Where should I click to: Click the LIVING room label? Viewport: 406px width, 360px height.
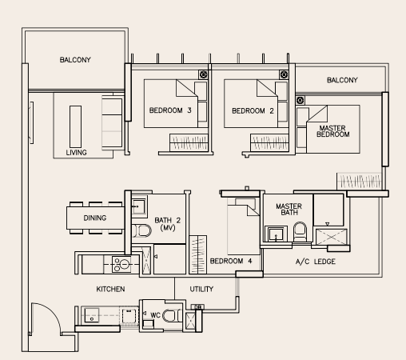pyautogui.click(x=76, y=153)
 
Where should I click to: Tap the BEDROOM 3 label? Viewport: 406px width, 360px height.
pyautogui.click(x=170, y=110)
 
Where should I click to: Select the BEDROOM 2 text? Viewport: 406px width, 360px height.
pyautogui.click(x=253, y=111)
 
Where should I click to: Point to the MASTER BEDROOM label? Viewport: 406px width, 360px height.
pyautogui.click(x=332, y=131)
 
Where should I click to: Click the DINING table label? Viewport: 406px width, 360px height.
pyautogui.click(x=95, y=218)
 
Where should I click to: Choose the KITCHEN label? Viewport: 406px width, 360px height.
pyautogui.click(x=110, y=289)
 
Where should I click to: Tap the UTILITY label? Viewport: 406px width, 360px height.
pyautogui.click(x=201, y=289)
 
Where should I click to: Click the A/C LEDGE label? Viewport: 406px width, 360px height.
pyautogui.click(x=316, y=262)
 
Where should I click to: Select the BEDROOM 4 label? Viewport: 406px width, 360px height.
pyautogui.click(x=231, y=261)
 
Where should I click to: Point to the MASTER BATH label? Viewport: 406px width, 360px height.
pyautogui.click(x=289, y=210)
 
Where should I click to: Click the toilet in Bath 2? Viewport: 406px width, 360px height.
pyautogui.click(x=141, y=230)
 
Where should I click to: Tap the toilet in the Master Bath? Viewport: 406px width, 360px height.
pyautogui.click(x=300, y=232)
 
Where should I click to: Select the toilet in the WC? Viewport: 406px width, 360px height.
pyautogui.click(x=172, y=316)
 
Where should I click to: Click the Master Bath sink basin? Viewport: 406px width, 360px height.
pyautogui.click(x=276, y=234)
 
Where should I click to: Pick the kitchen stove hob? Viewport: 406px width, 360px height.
pyautogui.click(x=121, y=264)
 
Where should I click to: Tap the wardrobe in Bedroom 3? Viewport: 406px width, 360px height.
pyautogui.click(x=189, y=142)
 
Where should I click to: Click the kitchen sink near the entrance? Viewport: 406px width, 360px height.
pyautogui.click(x=92, y=315)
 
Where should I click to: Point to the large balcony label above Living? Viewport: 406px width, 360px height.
pyautogui.click(x=75, y=60)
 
